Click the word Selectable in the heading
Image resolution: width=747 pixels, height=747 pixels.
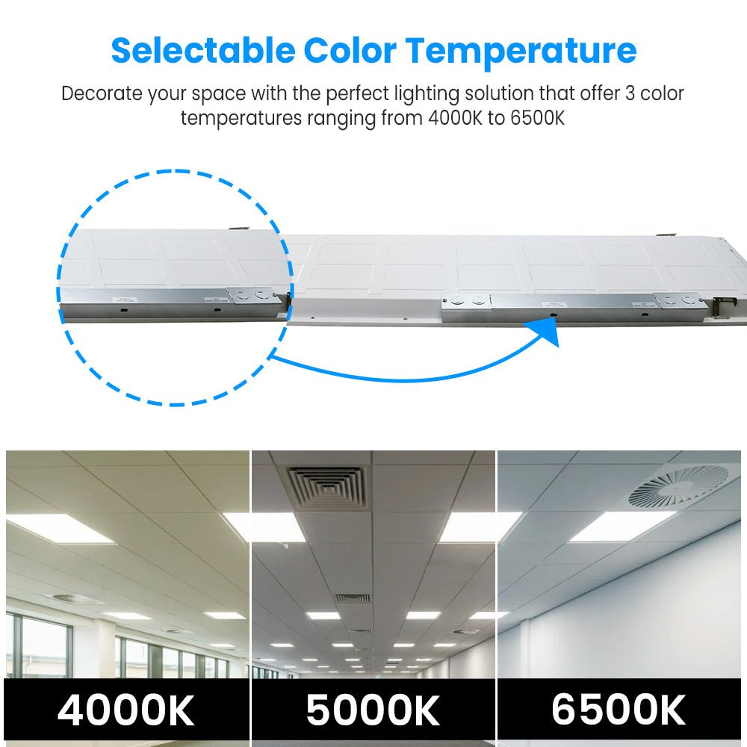(202, 51)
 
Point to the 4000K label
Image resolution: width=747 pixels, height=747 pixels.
(125, 710)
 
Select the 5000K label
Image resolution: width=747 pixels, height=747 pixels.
(373, 710)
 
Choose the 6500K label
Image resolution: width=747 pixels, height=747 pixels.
(619, 710)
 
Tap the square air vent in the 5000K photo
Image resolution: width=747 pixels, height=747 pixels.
(327, 487)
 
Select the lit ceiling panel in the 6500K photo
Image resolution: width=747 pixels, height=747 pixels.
(622, 526)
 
